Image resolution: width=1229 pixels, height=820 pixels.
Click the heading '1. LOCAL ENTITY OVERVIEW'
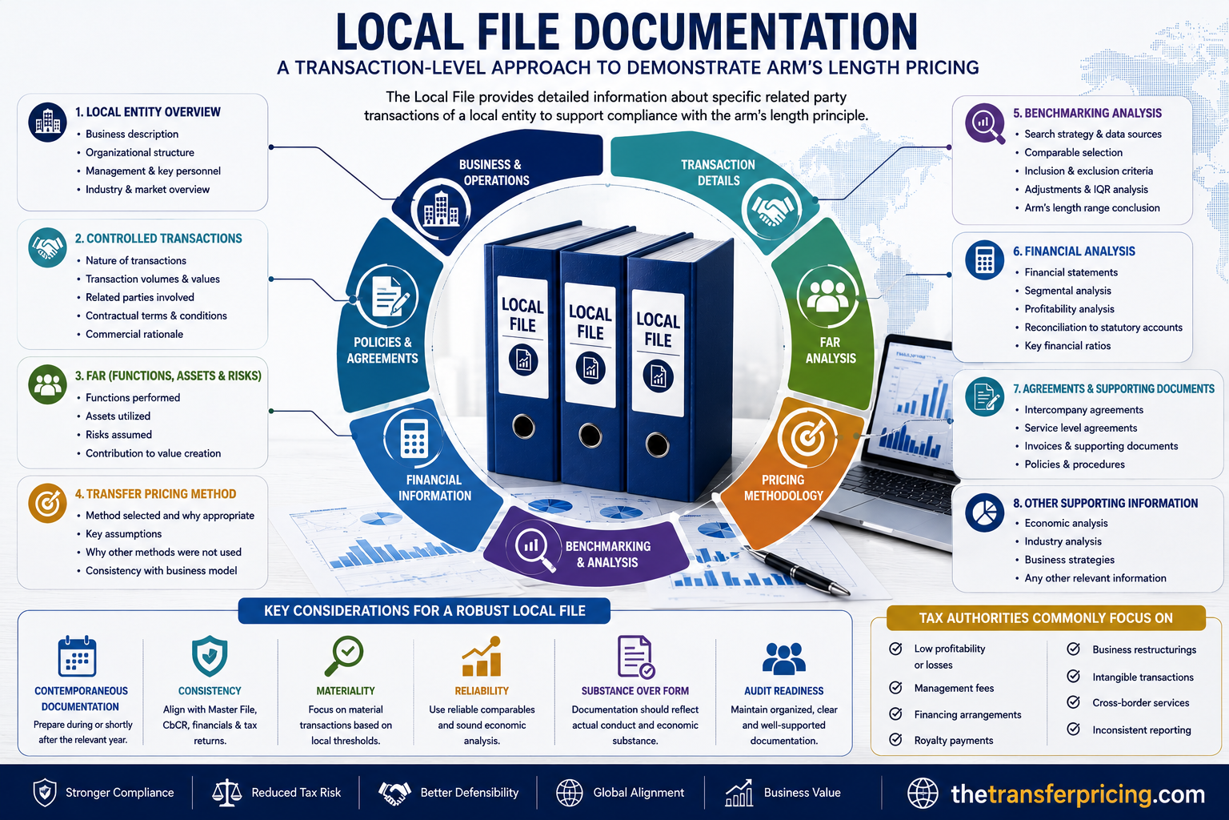(147, 112)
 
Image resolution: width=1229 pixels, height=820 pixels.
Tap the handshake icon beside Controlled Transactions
(47, 247)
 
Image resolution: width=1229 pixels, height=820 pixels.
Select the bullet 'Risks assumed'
(118, 435)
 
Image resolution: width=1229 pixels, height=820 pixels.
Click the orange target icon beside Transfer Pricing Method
(47, 503)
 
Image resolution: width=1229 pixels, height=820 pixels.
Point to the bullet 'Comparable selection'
(1073, 152)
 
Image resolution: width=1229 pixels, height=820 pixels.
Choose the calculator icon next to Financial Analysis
(984, 259)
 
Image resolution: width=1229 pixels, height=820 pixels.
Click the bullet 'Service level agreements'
(1080, 428)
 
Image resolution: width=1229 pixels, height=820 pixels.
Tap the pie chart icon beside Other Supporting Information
(984, 512)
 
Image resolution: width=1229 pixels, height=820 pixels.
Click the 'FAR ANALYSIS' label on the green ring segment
(830, 351)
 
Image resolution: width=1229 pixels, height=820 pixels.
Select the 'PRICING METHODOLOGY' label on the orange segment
(783, 488)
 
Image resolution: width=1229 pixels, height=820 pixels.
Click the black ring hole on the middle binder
(590, 436)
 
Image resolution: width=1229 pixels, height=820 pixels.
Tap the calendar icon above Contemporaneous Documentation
(77, 657)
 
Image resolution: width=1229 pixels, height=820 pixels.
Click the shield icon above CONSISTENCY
(210, 657)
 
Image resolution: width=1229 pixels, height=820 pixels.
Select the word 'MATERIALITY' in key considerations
(346, 691)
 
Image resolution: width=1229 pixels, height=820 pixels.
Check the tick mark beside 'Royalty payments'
(895, 739)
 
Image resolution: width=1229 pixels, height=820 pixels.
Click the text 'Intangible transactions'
(1143, 677)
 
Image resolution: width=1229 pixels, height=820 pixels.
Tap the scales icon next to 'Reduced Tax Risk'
(226, 793)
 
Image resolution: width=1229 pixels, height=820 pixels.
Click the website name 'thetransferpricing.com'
(1078, 794)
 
